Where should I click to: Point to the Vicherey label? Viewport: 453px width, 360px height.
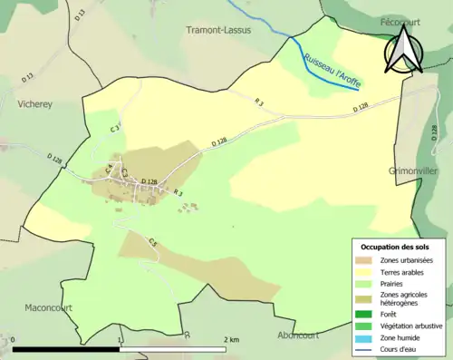[34, 103]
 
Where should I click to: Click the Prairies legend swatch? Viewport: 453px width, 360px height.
[367, 283]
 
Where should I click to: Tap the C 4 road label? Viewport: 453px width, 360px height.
[109, 169]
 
